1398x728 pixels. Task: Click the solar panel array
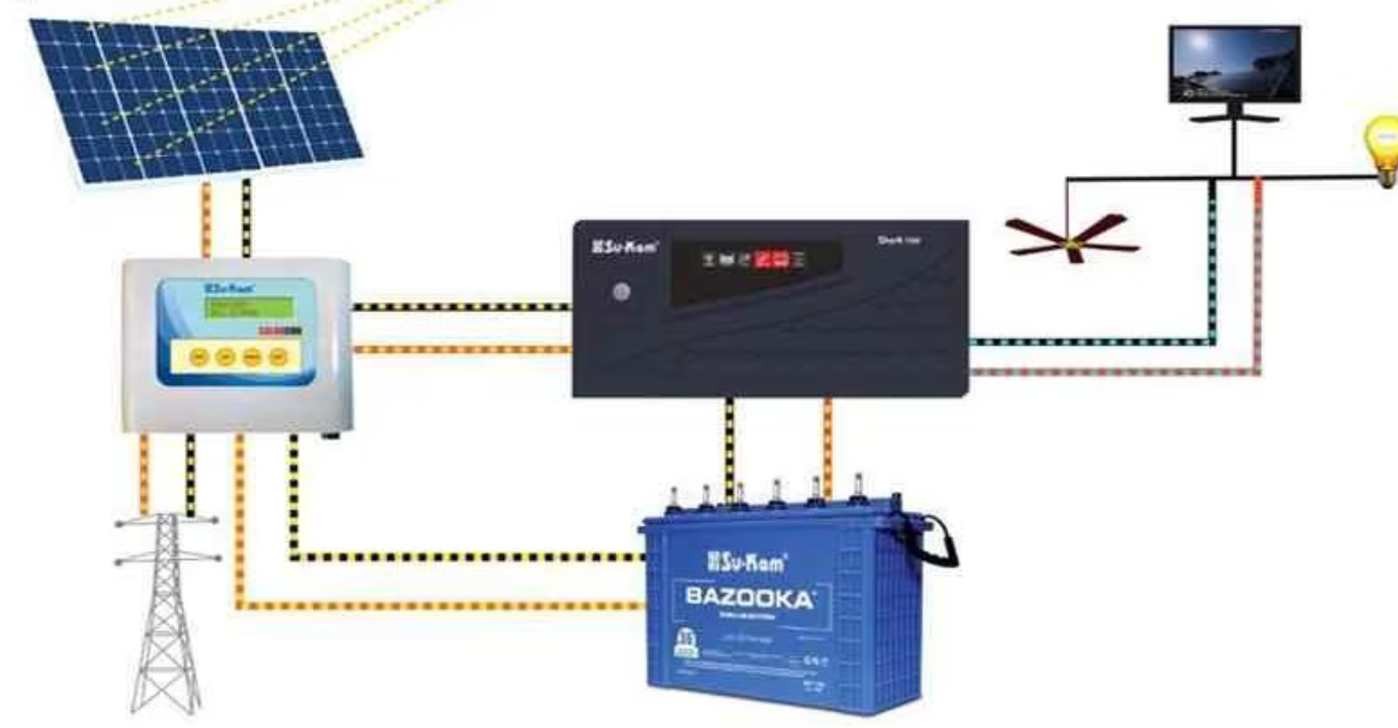pyautogui.click(x=197, y=102)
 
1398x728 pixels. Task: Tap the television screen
pyautogui.click(x=1235, y=64)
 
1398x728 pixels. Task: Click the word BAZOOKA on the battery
pyautogui.click(x=750, y=598)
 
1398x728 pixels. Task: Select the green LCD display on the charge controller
pyautogui.click(x=249, y=308)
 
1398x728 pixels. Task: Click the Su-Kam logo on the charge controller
pyautogui.click(x=229, y=288)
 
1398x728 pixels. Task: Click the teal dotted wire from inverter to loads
pyautogui.click(x=1092, y=341)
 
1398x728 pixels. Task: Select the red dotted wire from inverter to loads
pyautogui.click(x=1114, y=372)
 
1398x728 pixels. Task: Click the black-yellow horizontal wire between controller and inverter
pyautogui.click(x=462, y=307)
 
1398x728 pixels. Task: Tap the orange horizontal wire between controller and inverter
pyautogui.click(x=462, y=349)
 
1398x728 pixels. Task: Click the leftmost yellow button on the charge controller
pyautogui.click(x=199, y=357)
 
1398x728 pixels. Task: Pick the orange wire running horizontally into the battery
pyautogui.click(x=437, y=606)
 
